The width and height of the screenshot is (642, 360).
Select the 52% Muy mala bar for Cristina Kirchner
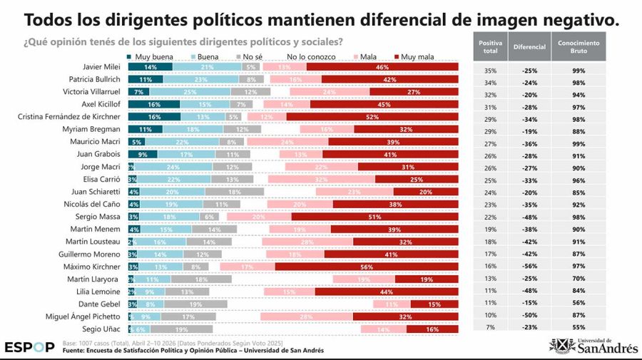(x=372, y=116)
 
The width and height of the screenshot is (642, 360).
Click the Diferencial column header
(x=529, y=47)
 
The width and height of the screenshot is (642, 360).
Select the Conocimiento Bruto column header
(x=579, y=47)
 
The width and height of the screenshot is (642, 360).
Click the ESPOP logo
(x=29, y=347)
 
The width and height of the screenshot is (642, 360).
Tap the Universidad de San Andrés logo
(x=593, y=346)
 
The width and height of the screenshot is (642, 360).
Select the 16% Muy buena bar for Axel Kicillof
(x=154, y=104)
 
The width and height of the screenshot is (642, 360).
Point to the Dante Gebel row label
(x=99, y=304)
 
